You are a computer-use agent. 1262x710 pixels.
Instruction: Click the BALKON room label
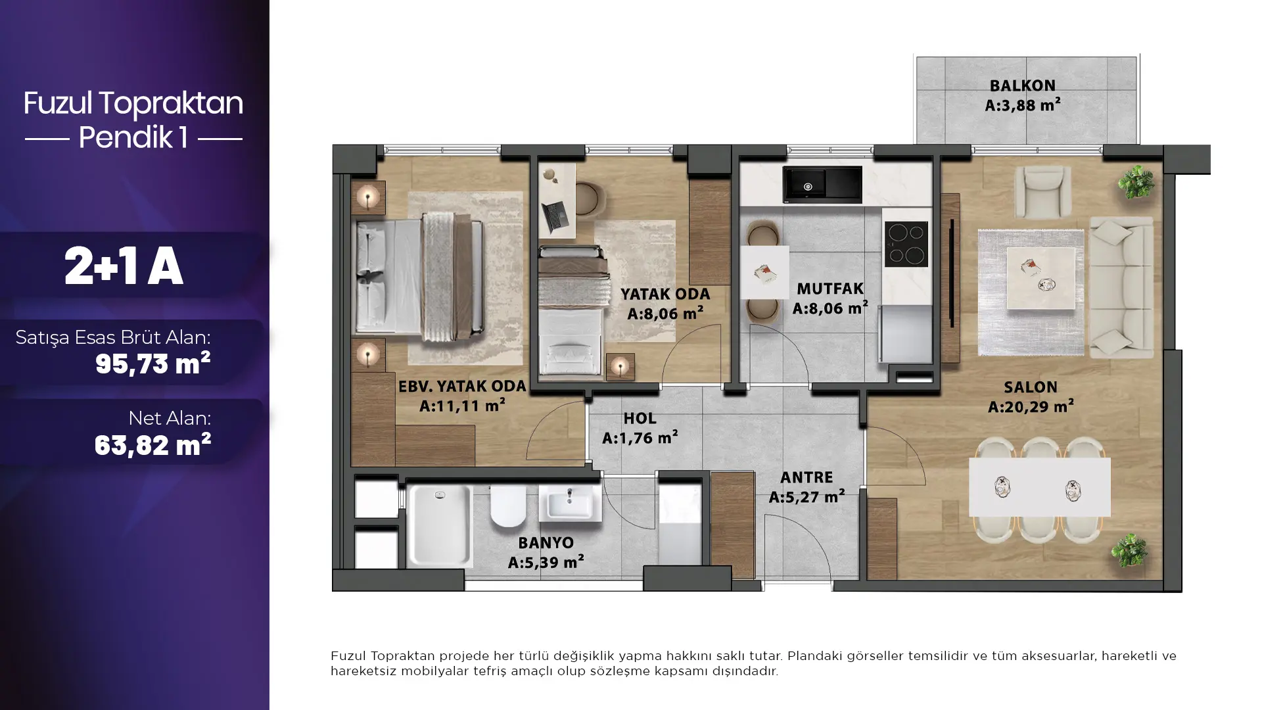pos(1022,85)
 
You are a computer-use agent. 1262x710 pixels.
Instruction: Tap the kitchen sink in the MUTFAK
pos(822,183)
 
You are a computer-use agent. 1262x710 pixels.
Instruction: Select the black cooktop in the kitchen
pos(906,244)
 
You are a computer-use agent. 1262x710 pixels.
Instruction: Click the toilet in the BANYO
pos(507,507)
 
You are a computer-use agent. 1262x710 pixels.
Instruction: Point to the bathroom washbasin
pos(570,504)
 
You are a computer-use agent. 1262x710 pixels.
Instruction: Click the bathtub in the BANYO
pos(439,526)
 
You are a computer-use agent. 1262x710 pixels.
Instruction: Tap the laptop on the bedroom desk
pos(555,216)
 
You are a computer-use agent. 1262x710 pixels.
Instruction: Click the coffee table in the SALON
pos(1041,279)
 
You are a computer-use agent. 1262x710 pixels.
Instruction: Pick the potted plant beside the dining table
pos(1130,550)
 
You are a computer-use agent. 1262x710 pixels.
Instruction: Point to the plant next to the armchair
pos(1136,181)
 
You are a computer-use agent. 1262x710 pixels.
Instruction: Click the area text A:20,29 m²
pos(1031,407)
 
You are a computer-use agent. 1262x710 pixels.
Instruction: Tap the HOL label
pos(640,418)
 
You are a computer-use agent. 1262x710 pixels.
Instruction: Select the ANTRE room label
pos(806,477)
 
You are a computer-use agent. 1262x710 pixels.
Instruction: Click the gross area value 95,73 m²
pos(152,363)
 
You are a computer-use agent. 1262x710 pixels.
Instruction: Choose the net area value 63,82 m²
pos(152,445)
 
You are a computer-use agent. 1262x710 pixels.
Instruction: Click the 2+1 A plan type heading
pos(124,267)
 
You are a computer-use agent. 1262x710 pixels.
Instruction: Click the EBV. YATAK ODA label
pos(462,387)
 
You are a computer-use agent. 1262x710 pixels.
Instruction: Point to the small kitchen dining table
pos(764,272)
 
